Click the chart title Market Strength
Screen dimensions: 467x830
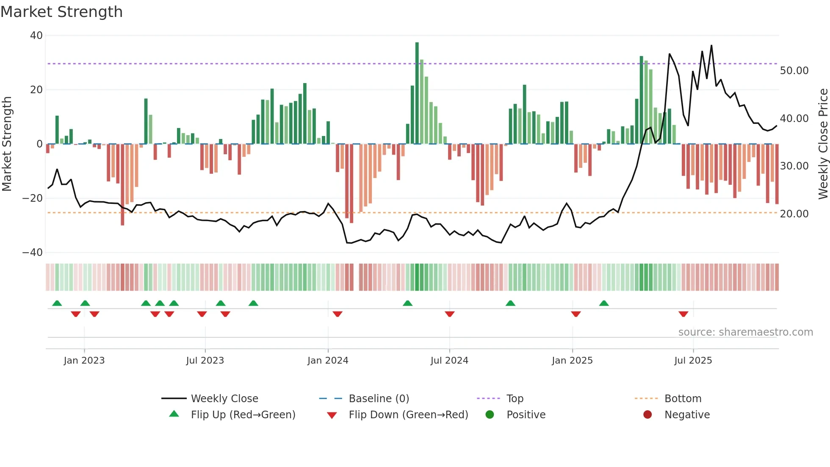(x=61, y=12)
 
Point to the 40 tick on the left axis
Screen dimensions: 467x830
(x=36, y=36)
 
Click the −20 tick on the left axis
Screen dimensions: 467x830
(x=33, y=198)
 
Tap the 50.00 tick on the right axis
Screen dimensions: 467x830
(x=794, y=71)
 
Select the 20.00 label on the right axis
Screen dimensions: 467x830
(x=794, y=214)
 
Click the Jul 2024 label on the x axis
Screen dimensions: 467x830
(x=449, y=361)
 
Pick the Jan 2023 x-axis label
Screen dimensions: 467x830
(x=84, y=361)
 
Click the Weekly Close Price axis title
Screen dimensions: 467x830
(x=823, y=144)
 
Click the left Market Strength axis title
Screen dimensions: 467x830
(x=7, y=144)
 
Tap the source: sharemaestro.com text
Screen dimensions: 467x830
(x=745, y=332)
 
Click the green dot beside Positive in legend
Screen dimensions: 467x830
(x=490, y=415)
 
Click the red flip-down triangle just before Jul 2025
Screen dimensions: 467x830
(x=683, y=314)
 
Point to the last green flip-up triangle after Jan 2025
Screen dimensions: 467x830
(x=604, y=303)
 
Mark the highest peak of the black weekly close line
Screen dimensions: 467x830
(x=711, y=45)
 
